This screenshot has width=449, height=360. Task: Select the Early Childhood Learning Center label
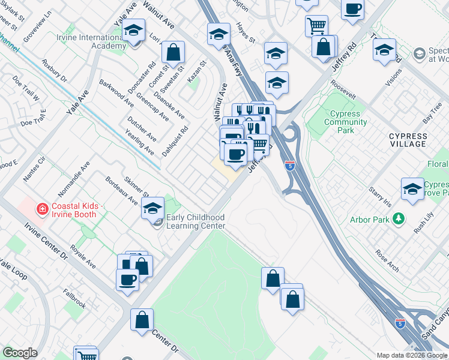[195, 221]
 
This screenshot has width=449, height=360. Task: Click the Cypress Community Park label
[345, 122]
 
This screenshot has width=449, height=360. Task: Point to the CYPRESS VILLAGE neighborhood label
[408, 140]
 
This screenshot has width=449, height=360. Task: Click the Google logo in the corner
[20, 353]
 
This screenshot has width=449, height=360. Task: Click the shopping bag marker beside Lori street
[173, 52]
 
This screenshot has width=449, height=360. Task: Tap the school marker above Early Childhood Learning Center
[153, 208]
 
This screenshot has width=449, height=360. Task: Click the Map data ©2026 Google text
[411, 355]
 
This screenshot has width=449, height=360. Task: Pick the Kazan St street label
[196, 71]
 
